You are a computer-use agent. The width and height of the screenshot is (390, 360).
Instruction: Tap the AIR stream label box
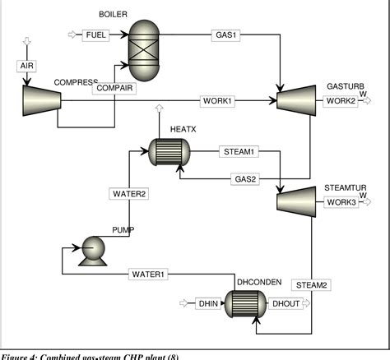click(25, 66)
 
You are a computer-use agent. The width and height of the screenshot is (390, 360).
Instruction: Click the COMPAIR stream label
click(114, 88)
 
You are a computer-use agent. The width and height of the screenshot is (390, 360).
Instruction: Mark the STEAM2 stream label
click(312, 285)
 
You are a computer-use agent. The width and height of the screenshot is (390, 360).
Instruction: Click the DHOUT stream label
click(286, 303)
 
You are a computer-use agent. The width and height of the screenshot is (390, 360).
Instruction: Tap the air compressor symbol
click(39, 100)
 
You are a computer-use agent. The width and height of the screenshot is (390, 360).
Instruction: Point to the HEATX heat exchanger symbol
click(169, 152)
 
